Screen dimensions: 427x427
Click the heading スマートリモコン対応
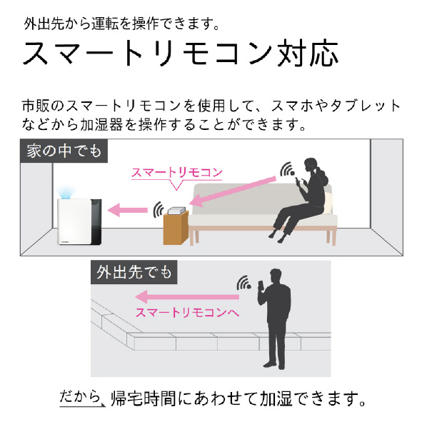(x=180, y=53)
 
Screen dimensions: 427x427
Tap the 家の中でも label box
(x=64, y=151)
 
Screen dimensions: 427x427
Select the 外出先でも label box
(x=134, y=272)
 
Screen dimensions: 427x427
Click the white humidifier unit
(x=79, y=221)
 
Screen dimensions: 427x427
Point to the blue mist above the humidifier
(x=66, y=192)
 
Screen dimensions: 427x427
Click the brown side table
(x=176, y=228)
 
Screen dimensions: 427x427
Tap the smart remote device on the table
(x=177, y=210)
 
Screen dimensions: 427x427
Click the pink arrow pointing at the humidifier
(x=127, y=210)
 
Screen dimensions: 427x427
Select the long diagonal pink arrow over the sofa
(x=232, y=191)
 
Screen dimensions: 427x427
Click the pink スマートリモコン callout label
(x=177, y=173)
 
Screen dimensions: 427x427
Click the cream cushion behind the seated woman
(x=328, y=203)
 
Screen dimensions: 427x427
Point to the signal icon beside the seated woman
(x=287, y=170)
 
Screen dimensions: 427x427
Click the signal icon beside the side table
(x=159, y=210)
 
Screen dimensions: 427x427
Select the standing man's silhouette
(x=275, y=318)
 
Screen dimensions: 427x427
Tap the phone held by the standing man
(x=261, y=286)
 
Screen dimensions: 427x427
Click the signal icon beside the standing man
(x=243, y=283)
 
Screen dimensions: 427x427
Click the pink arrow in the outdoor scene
(x=187, y=297)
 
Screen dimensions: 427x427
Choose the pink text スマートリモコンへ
(x=187, y=313)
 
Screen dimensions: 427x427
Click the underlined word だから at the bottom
(x=80, y=396)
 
